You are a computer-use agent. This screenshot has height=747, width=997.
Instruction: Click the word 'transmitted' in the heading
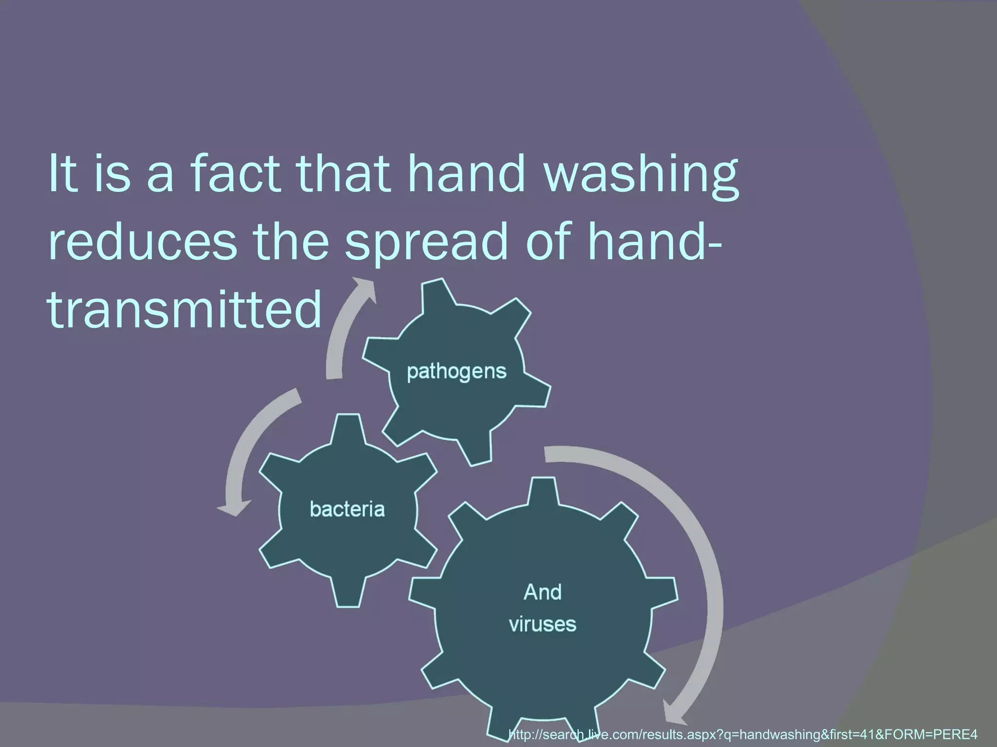point(185,309)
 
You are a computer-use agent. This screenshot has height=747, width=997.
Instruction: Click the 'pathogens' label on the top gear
point(457,372)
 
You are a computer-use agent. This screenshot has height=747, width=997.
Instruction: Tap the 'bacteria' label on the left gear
point(347,509)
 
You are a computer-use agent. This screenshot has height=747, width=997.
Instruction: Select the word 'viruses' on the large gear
point(542,624)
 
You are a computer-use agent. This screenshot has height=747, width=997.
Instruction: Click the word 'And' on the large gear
point(542,592)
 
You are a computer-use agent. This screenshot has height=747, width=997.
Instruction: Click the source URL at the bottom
point(742,734)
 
